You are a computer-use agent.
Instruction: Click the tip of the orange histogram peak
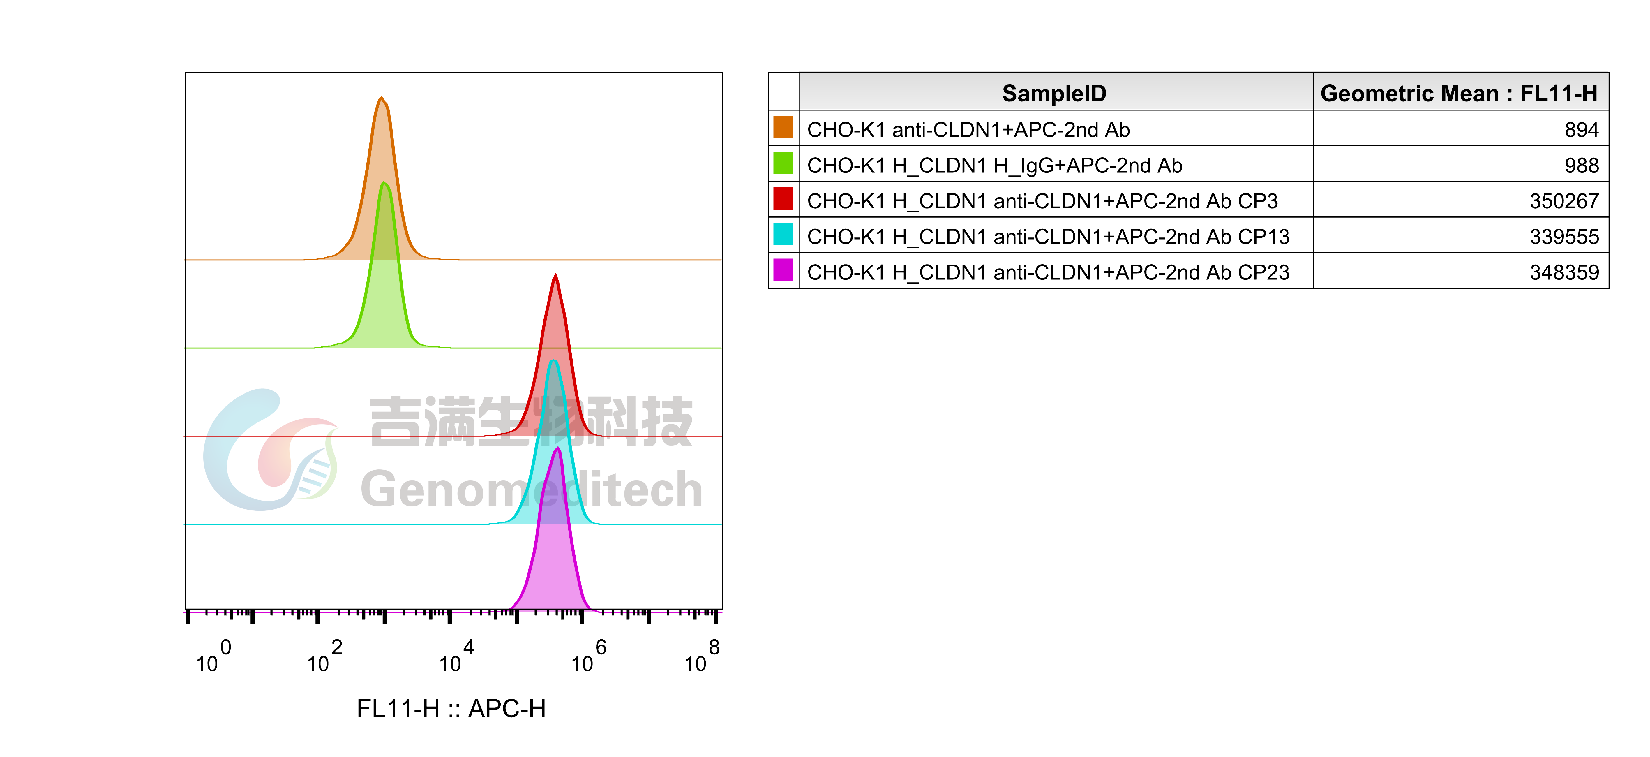(382, 97)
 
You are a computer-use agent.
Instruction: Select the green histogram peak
(384, 183)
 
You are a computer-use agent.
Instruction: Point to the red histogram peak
(555, 275)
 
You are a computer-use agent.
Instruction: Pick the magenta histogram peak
(558, 449)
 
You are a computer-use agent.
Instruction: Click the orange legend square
(783, 127)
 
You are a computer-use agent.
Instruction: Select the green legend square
(783, 163)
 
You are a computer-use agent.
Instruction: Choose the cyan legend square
(783, 234)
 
